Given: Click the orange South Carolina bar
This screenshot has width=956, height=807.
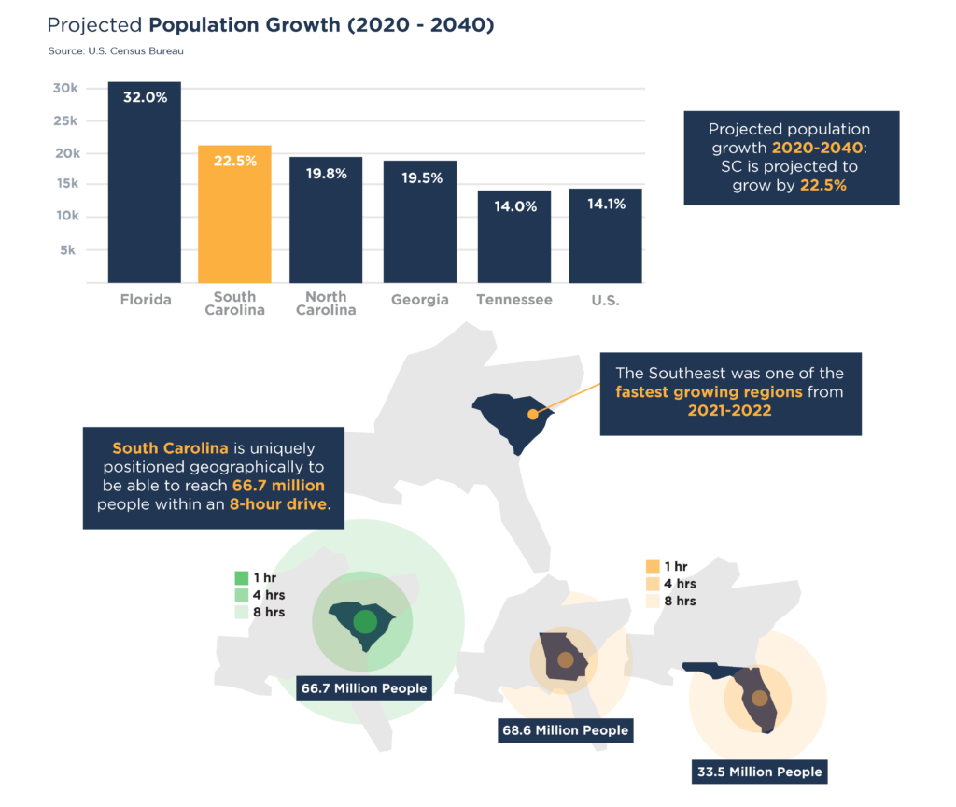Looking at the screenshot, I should coord(234,215).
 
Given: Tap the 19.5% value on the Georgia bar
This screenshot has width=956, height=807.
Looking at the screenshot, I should coord(419,178).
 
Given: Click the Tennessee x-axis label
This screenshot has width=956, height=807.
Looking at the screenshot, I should coord(513,300).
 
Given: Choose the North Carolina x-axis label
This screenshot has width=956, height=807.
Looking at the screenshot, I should coord(326,304).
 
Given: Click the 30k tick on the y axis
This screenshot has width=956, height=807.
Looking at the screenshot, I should coord(65,89).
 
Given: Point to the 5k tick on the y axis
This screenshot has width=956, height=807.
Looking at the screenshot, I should coord(69,250).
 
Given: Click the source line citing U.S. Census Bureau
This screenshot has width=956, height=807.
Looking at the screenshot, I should coord(116,50).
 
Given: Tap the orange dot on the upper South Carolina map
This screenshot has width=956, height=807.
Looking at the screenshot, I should coord(533,414).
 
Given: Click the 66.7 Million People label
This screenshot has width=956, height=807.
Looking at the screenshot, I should coord(364,688).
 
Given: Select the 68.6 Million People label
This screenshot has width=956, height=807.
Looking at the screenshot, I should coord(566,729).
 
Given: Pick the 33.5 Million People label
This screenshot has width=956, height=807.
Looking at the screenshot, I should coord(759,772).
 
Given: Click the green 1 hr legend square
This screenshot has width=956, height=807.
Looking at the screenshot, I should coord(242,577).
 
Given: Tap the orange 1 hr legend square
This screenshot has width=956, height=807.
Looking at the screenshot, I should coord(653,567).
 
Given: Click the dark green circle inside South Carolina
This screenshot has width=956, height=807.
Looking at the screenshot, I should coord(365,622).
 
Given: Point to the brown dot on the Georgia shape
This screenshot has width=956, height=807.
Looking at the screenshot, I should coord(565,660).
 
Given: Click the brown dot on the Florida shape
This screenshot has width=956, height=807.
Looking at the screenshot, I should coord(760,698).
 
